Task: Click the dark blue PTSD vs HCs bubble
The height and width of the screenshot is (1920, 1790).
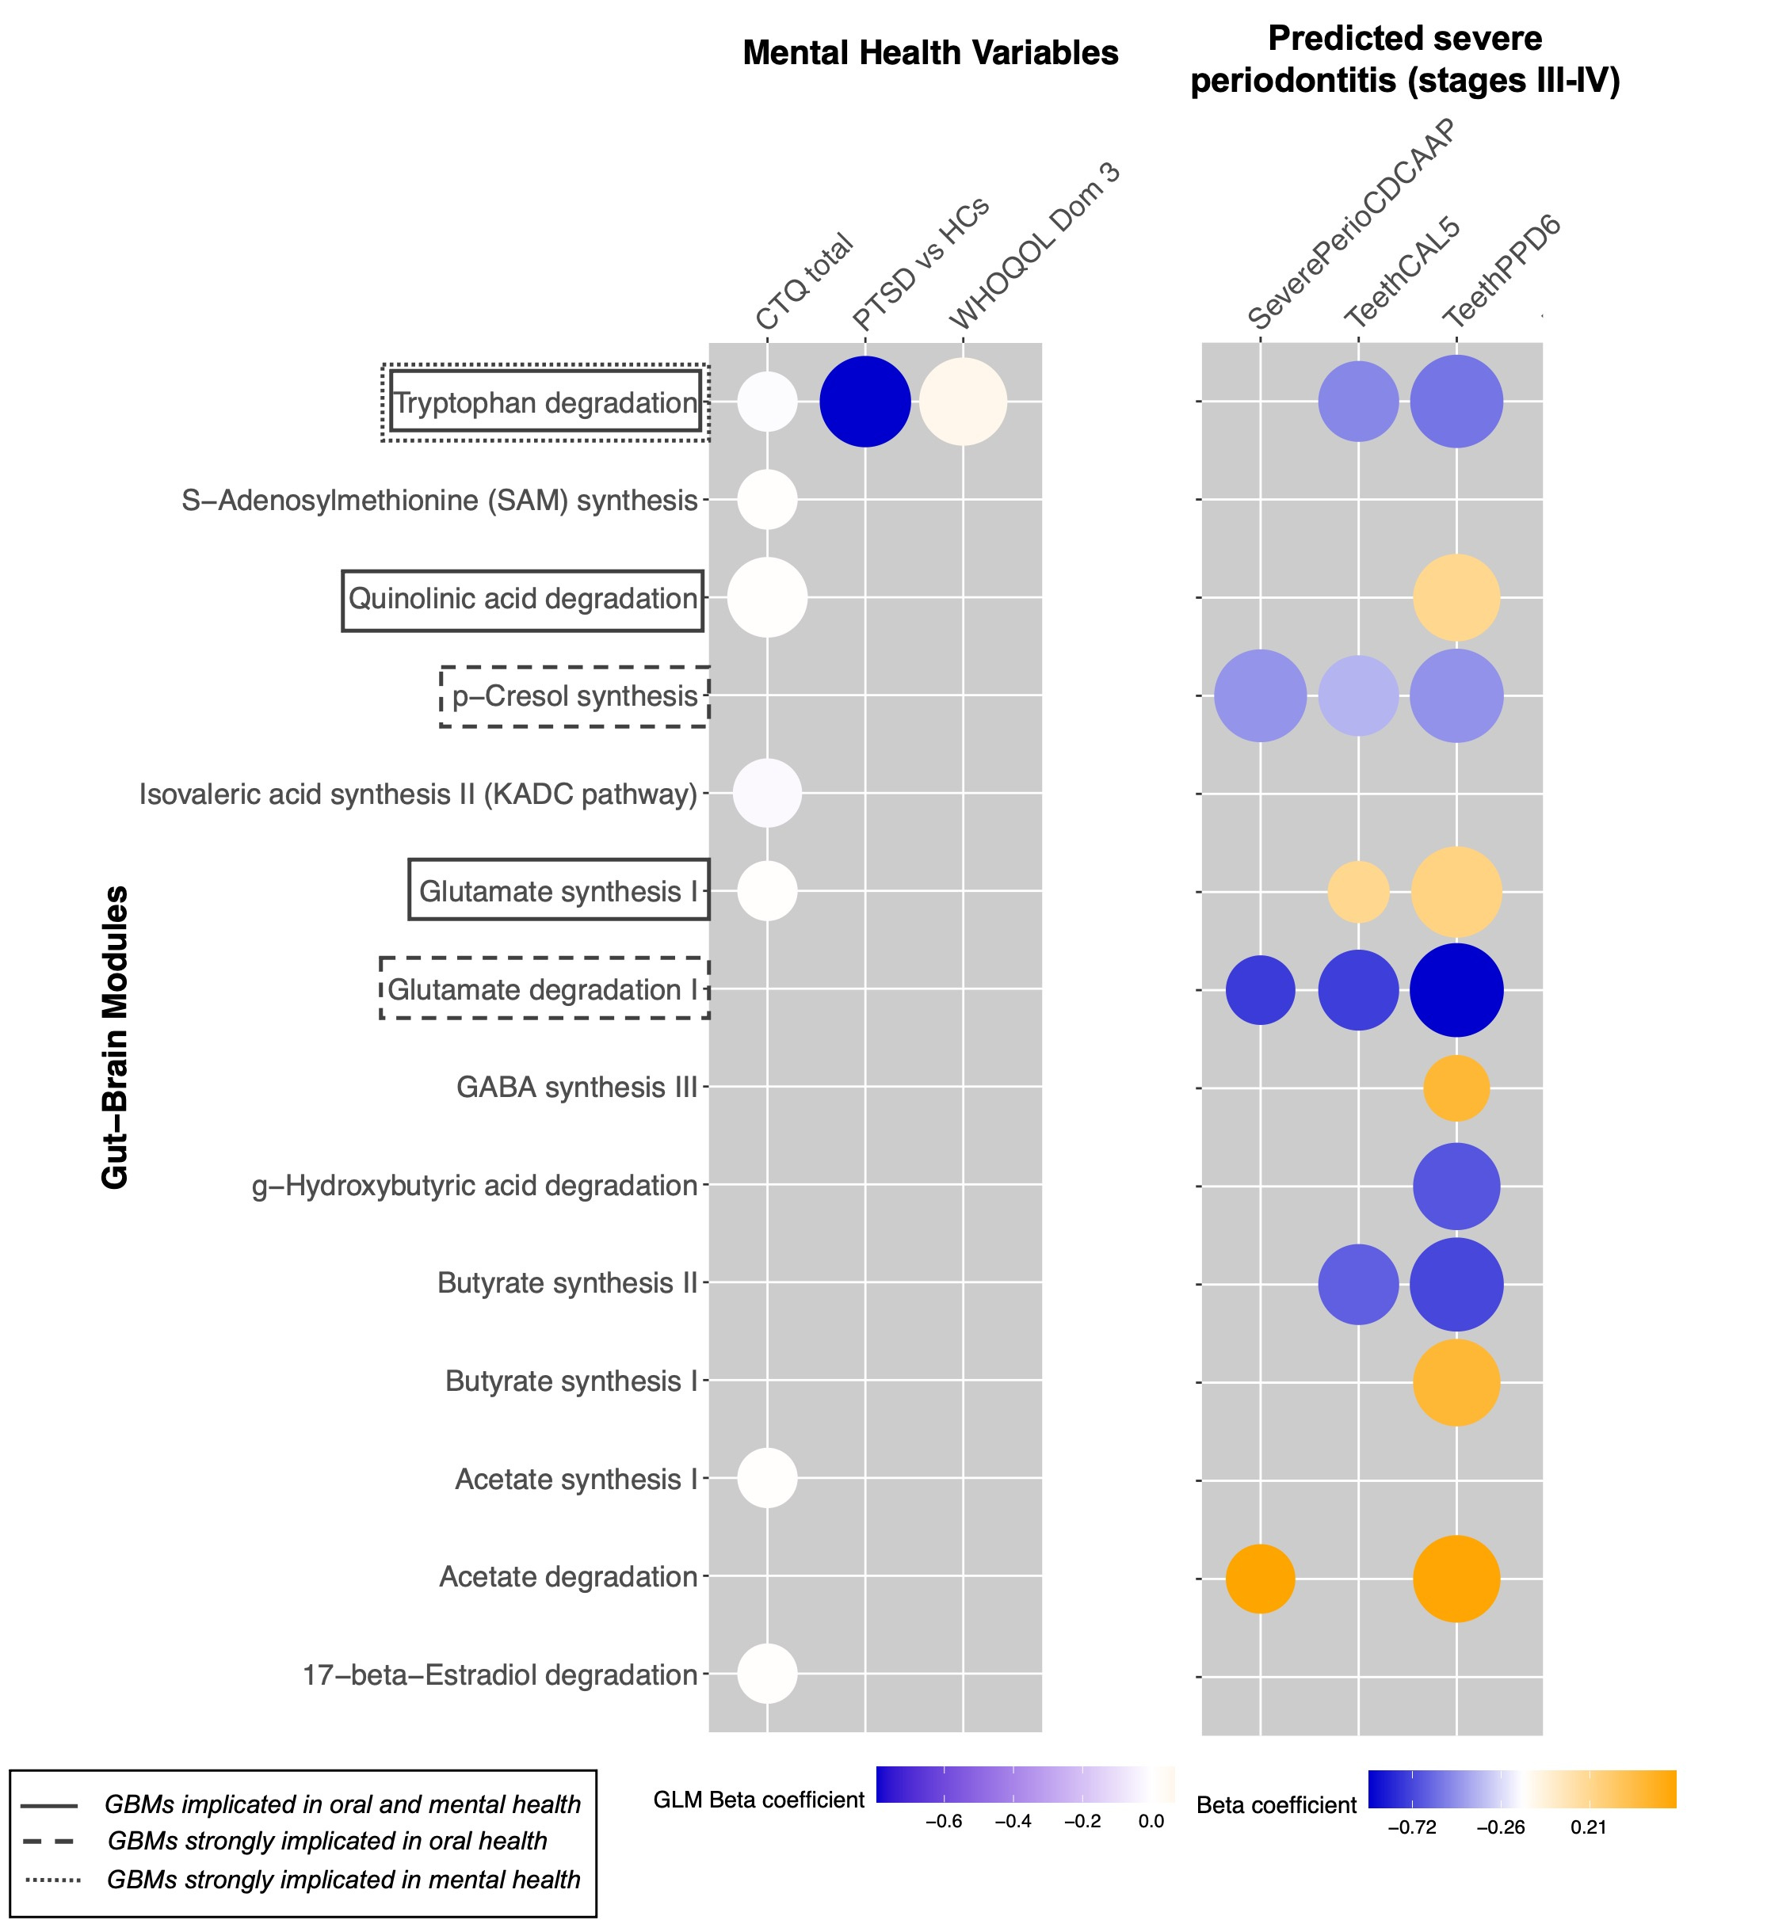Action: coord(864,402)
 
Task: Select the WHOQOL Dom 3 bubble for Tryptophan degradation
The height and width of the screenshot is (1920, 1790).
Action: coord(962,402)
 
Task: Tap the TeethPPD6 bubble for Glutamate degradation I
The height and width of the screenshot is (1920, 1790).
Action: coord(1456,990)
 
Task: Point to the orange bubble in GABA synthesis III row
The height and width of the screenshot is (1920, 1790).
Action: coord(1456,1088)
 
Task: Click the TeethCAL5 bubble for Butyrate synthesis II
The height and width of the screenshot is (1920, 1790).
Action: coord(1357,1285)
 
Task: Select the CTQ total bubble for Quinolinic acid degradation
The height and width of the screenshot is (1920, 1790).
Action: coord(767,598)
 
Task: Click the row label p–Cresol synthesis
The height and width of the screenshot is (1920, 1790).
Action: coord(574,696)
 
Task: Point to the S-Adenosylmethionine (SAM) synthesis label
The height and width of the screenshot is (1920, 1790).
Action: coord(440,501)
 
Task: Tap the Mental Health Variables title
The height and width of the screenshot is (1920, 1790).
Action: coord(929,53)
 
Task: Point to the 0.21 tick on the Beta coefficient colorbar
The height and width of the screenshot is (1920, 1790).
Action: coord(1588,1827)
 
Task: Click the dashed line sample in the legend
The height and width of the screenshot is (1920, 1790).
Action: coord(48,1842)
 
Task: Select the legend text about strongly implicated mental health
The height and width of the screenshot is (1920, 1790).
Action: coord(344,1880)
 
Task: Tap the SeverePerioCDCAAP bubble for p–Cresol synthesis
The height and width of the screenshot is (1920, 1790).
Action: coord(1260,696)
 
